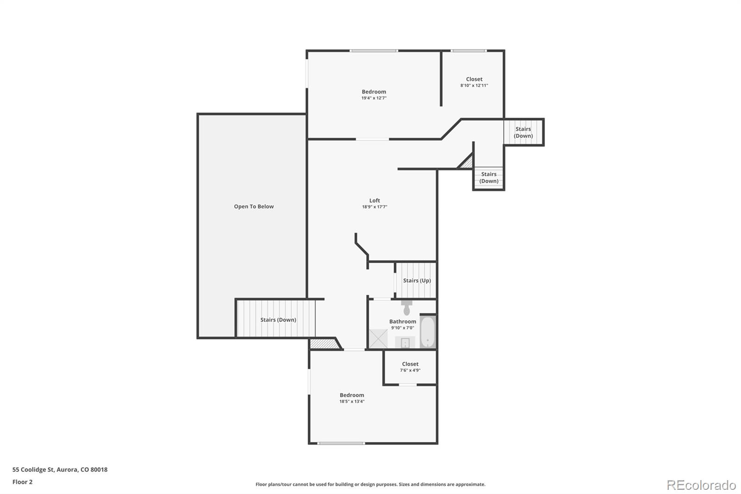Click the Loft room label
pyautogui.click(x=375, y=201)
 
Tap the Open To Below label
pyautogui.click(x=254, y=207)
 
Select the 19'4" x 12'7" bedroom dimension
pyautogui.click(x=374, y=98)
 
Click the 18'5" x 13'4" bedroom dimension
pyautogui.click(x=352, y=402)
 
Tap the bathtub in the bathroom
pyautogui.click(x=427, y=332)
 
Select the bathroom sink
pyautogui.click(x=405, y=343)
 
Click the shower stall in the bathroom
pyautogui.click(x=378, y=338)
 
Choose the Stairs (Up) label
pyautogui.click(x=417, y=280)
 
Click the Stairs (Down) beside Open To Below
pyautogui.click(x=278, y=320)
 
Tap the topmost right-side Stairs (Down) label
pyautogui.click(x=523, y=133)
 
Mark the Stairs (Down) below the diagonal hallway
pyautogui.click(x=489, y=177)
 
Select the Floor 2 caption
pyautogui.click(x=22, y=482)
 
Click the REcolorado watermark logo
pyautogui.click(x=701, y=485)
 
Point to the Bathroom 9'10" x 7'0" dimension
pyautogui.click(x=402, y=328)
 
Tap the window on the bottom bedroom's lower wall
pyautogui.click(x=341, y=443)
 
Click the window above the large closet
pyautogui.click(x=469, y=51)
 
